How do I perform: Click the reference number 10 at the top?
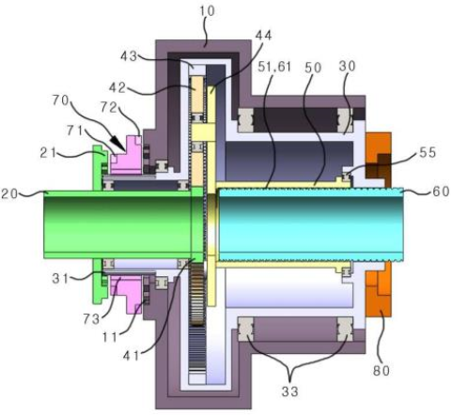tap(207, 11)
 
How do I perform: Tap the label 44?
tap(263, 35)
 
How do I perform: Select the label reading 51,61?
tap(274, 67)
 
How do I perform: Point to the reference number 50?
tap(313, 68)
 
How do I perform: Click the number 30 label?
tap(347, 66)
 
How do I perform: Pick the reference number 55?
tap(428, 152)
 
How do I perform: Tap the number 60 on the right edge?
tap(441, 192)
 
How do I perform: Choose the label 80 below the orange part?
tap(382, 371)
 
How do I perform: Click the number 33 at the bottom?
tap(289, 392)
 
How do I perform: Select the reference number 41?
tap(131, 356)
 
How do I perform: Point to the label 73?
tap(91, 319)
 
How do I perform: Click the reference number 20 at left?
tap(9, 193)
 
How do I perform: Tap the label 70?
tap(60, 100)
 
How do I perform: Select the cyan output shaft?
tap(311, 224)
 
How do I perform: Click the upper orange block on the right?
tap(379, 160)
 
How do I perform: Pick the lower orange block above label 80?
tap(379, 289)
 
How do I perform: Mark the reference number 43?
tap(129, 56)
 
